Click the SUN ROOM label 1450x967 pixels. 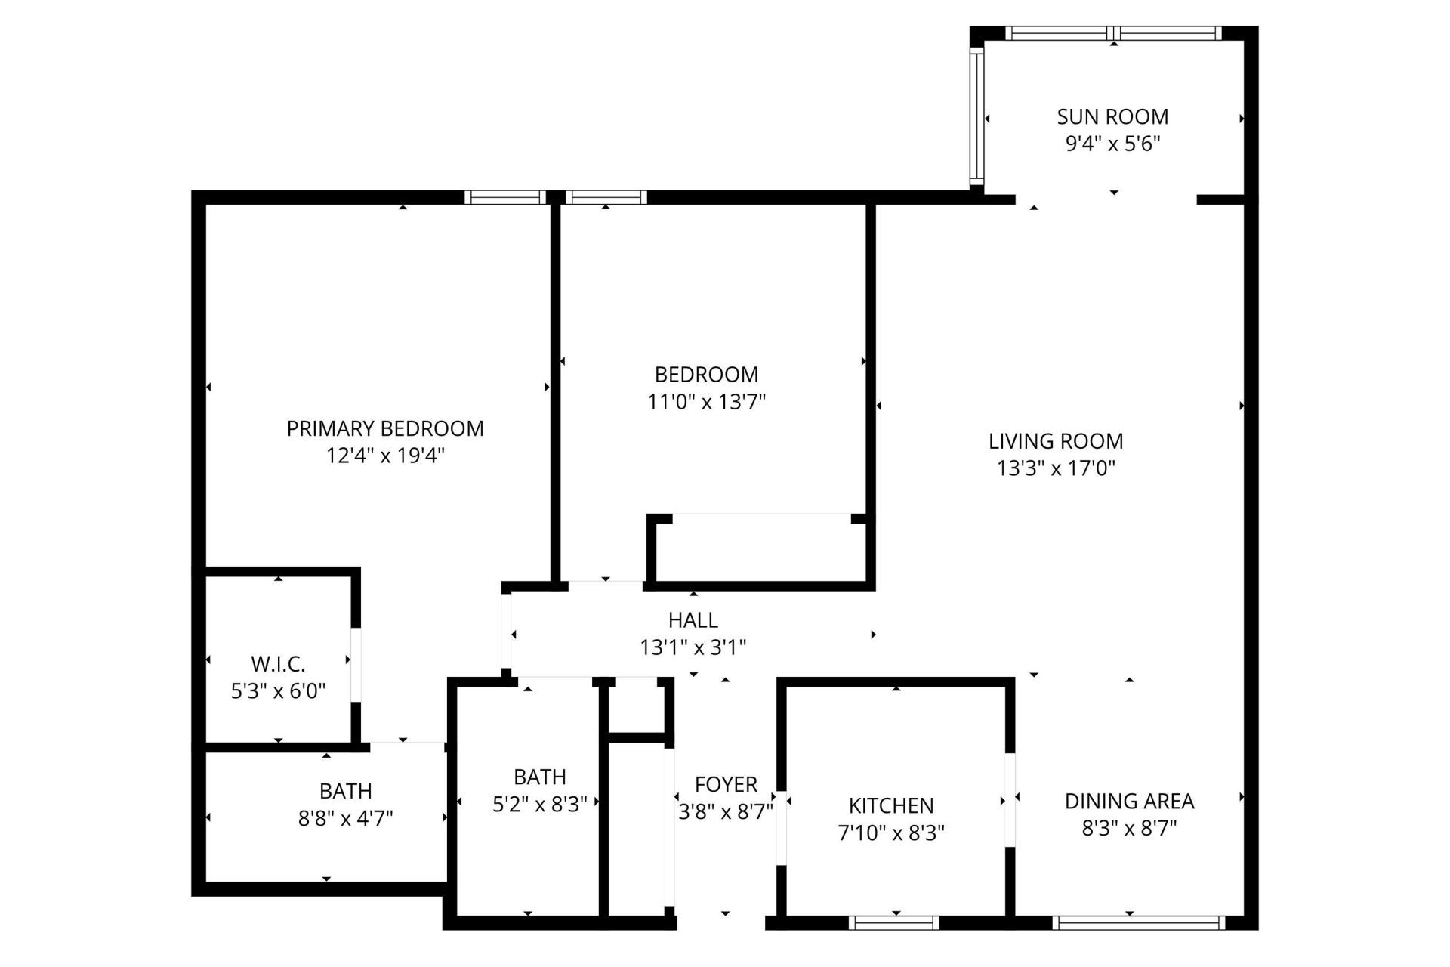(x=1112, y=116)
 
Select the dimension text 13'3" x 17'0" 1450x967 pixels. (x=1056, y=468)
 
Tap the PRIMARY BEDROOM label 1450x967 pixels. (x=385, y=428)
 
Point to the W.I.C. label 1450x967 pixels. (x=278, y=664)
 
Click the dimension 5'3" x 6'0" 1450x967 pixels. (x=278, y=690)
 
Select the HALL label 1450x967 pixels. (x=693, y=620)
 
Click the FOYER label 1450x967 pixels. (x=726, y=785)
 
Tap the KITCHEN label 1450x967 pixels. (x=891, y=805)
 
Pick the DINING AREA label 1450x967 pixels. (x=1129, y=801)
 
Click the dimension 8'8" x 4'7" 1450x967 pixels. (x=345, y=818)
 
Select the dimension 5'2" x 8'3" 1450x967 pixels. (x=539, y=805)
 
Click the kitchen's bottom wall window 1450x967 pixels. (x=893, y=922)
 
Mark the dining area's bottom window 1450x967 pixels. (x=1138, y=922)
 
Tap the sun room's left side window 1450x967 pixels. (x=976, y=117)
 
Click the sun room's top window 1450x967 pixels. (x=1112, y=33)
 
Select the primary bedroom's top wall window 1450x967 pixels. (x=504, y=197)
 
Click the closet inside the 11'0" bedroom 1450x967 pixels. (x=760, y=549)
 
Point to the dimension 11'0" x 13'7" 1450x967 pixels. (x=706, y=402)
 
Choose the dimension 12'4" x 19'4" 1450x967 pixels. (x=385, y=456)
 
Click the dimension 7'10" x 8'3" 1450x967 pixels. (x=891, y=833)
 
